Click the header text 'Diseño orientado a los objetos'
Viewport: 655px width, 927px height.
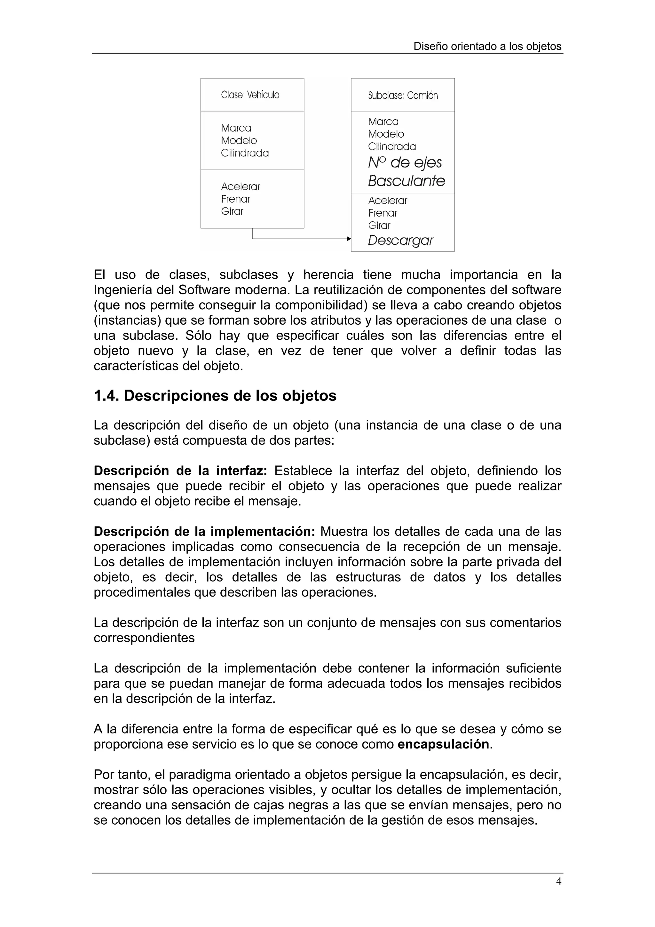(x=487, y=46)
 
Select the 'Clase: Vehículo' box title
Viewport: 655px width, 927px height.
(x=250, y=95)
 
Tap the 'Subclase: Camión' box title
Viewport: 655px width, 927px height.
(x=403, y=95)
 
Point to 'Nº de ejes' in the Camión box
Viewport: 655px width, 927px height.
(x=405, y=163)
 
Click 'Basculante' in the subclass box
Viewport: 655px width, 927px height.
(x=406, y=181)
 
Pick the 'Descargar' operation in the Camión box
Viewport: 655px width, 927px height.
(x=400, y=241)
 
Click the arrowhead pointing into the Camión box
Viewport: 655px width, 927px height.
(x=349, y=239)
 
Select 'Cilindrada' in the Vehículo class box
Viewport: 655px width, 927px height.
(x=245, y=153)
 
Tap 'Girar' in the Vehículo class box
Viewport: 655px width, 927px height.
(x=232, y=211)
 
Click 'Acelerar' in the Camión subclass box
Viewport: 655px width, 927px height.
(x=387, y=201)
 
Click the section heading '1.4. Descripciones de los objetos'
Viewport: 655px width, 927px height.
(x=215, y=396)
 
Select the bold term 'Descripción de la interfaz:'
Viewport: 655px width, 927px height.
(x=180, y=471)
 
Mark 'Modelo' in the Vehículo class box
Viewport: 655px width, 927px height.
(x=239, y=140)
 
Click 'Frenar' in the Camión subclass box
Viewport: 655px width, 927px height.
(x=383, y=213)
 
